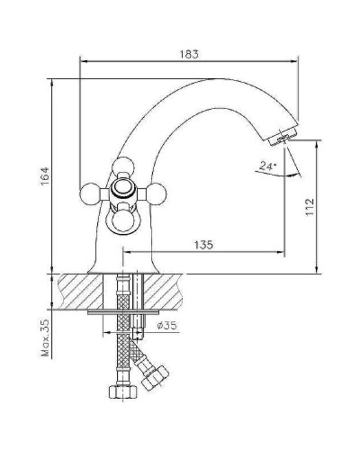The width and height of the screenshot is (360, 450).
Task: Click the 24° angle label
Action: coord(265,166)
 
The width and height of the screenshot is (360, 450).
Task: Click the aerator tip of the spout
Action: coord(282,135)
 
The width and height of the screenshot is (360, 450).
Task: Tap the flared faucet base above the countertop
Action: coord(121,261)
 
